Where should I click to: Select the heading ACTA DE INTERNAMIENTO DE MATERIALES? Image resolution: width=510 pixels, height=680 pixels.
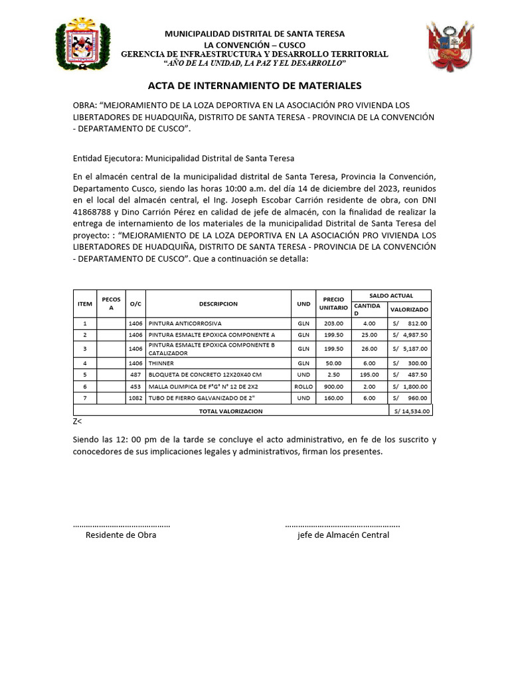click(x=254, y=86)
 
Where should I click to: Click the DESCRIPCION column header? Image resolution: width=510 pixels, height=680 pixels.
click(x=218, y=303)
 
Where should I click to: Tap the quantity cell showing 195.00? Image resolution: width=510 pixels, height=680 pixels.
click(x=369, y=375)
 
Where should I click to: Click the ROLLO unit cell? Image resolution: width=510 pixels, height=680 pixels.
click(x=303, y=386)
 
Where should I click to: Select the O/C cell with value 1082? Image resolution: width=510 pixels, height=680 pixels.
click(x=135, y=398)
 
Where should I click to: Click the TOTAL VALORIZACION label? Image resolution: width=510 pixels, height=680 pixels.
click(x=230, y=411)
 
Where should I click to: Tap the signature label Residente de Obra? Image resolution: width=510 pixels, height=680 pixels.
click(x=121, y=535)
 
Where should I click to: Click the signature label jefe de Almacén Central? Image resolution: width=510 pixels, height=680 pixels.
click(x=343, y=535)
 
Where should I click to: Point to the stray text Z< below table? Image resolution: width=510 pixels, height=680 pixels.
click(x=78, y=421)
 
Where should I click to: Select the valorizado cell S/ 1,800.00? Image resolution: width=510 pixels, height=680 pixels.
click(x=410, y=386)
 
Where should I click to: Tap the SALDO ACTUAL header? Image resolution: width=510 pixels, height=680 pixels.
click(x=391, y=296)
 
